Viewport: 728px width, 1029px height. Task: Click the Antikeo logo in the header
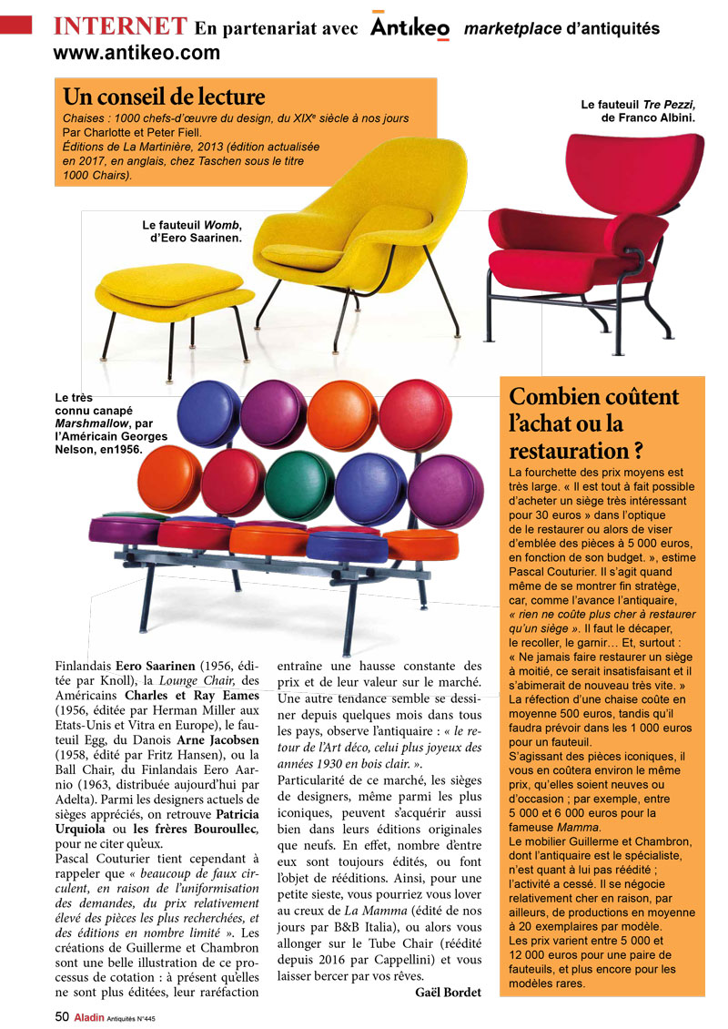409,28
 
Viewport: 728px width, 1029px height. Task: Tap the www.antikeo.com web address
136,53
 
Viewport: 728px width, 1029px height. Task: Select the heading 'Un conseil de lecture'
164,97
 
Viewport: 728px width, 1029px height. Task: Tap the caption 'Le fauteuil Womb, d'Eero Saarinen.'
192,231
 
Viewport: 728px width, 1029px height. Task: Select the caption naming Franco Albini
638,111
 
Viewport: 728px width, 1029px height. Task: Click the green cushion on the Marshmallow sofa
299,478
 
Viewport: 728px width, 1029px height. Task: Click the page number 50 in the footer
62,1016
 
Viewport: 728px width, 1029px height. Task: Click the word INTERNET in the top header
120,26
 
